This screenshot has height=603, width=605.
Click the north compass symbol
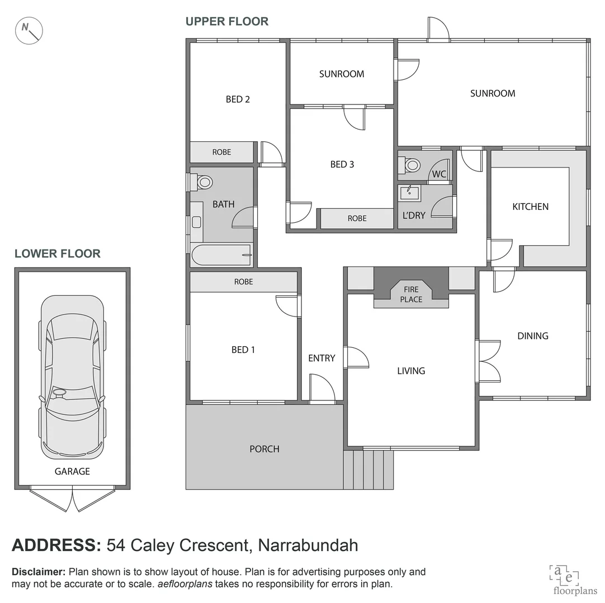[30, 31]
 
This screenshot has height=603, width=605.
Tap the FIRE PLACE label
[411, 294]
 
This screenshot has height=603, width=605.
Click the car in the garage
[72, 377]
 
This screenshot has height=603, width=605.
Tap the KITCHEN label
[530, 207]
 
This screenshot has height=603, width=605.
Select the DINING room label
[532, 336]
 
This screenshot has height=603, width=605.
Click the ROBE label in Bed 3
[357, 218]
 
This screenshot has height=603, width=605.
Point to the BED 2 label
[238, 99]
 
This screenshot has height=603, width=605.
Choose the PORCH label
[264, 449]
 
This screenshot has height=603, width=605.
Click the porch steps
[368, 470]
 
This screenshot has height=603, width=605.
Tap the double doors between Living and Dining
[488, 361]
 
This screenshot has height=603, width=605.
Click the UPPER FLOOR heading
[227, 21]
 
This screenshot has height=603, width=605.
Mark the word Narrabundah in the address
[308, 544]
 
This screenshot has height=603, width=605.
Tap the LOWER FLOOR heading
[58, 253]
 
